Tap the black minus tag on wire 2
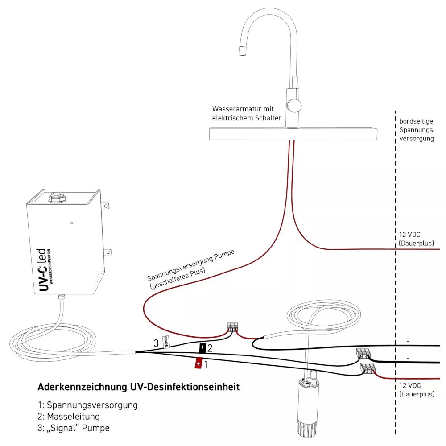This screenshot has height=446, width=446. coord(202,347)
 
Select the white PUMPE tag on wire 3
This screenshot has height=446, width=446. coord(165,342)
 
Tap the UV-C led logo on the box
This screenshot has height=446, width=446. coord(45,270)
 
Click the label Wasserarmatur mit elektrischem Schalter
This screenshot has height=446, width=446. coord(247,113)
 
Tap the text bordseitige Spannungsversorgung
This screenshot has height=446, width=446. coord(417,130)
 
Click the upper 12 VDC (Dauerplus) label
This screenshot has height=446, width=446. coord(417,239)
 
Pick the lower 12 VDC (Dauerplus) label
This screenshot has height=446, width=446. coord(417,389)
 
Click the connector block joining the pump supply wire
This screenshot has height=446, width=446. coord(232,327)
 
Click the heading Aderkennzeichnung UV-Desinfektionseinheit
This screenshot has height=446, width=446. coord(139,387)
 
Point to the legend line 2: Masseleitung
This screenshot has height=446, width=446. coord(69,417)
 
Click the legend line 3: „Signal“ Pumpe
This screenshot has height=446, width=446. coord(74,428)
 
